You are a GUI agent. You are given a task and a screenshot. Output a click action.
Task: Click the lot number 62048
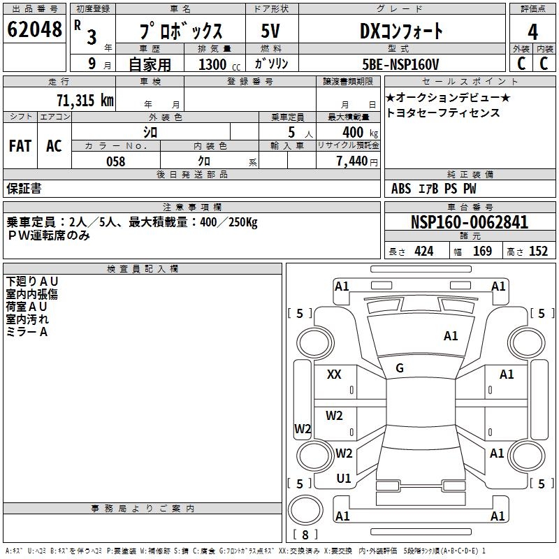(34, 31)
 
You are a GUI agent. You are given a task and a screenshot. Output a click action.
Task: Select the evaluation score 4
(533, 32)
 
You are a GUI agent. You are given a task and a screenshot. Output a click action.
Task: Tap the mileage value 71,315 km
(85, 101)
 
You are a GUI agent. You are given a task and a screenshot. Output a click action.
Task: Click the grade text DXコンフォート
(401, 31)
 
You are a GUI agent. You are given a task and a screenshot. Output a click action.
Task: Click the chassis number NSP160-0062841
(470, 223)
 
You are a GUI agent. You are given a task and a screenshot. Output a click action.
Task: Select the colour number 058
(115, 161)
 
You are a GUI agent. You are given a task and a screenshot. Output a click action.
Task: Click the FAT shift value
(20, 145)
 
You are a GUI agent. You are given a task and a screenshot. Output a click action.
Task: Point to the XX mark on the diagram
(334, 375)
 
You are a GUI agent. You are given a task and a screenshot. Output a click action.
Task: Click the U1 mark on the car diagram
(343, 479)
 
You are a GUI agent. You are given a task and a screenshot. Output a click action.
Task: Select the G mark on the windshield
(400, 368)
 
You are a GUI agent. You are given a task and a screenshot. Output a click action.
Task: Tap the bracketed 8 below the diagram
(305, 535)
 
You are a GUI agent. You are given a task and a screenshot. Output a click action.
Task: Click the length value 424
(423, 252)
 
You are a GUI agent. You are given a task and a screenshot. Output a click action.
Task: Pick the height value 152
(538, 252)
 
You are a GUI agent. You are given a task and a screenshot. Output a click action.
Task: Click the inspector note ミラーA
(27, 333)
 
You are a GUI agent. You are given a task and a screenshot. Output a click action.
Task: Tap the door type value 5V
(270, 31)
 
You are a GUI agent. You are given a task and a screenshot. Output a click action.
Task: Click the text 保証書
(24, 189)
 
